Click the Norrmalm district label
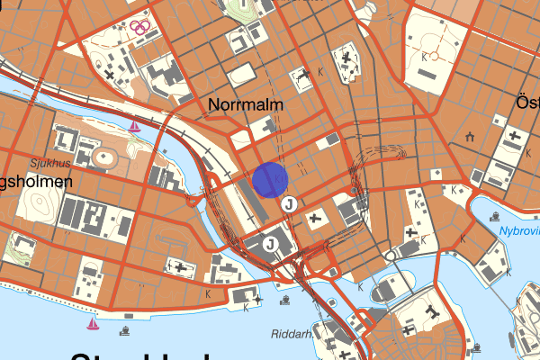(x=246, y=105)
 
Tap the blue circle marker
(x=270, y=179)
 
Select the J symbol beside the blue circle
(x=289, y=204)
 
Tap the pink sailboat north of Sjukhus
(x=135, y=127)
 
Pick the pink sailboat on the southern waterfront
(x=93, y=322)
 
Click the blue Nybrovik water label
(x=519, y=232)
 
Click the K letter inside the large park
(x=424, y=56)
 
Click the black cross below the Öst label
(x=514, y=137)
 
